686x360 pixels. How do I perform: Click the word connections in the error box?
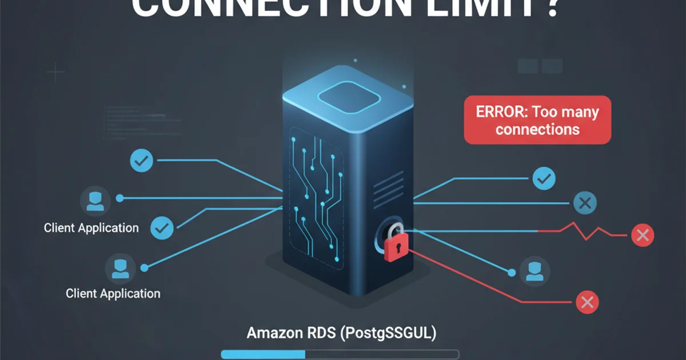(537, 129)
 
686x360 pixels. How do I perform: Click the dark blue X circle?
(584, 202)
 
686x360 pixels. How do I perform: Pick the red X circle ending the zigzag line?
(641, 234)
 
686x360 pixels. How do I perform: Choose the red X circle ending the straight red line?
(586, 302)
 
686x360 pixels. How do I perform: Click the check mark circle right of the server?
(543, 179)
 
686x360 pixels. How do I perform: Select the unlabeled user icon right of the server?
(535, 270)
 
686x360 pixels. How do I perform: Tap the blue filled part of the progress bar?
(263, 354)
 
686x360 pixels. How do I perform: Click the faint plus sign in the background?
(55, 73)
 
